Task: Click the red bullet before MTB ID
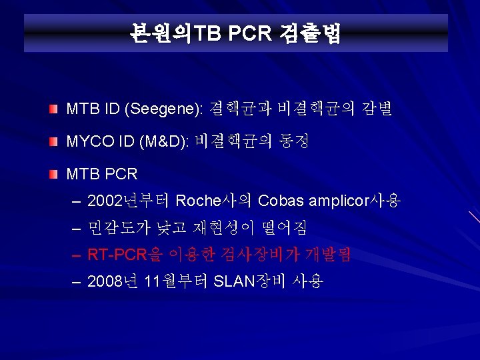pyautogui.click(x=54, y=109)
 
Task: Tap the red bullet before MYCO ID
pyautogui.click(x=54, y=141)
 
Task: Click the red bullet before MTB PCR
pyautogui.click(x=54, y=175)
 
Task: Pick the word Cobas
pyautogui.click(x=280, y=200)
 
